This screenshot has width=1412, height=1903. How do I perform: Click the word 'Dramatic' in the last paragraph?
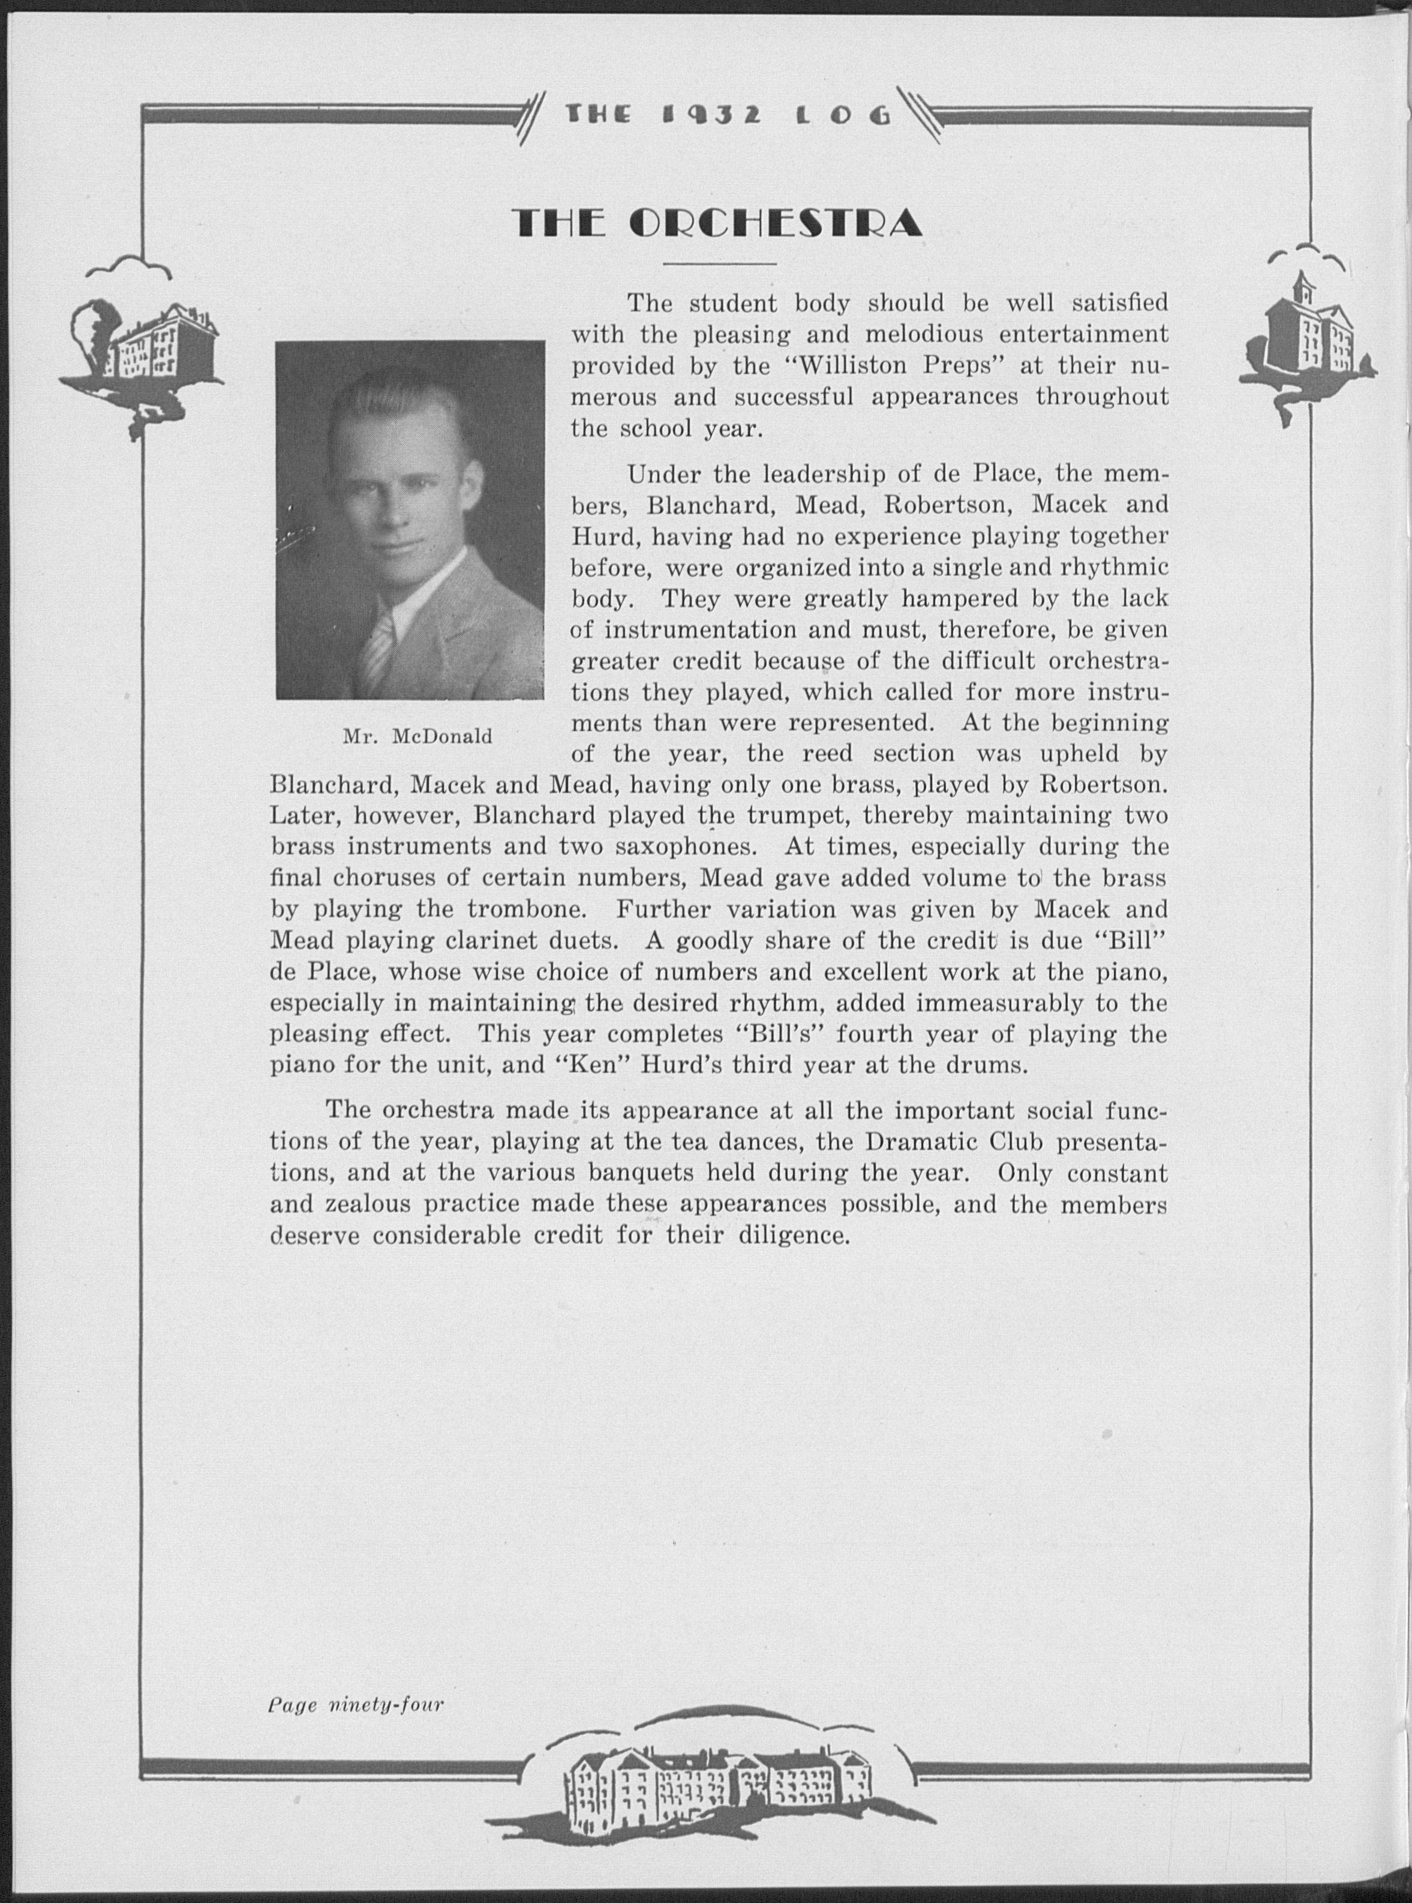(923, 1142)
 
